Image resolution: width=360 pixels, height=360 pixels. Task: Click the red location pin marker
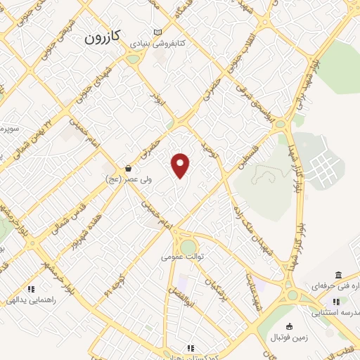pyautogui.click(x=181, y=165)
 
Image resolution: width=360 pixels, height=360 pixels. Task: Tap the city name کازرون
pyautogui.click(x=103, y=37)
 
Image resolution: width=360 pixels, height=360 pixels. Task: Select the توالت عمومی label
pyautogui.click(x=183, y=257)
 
